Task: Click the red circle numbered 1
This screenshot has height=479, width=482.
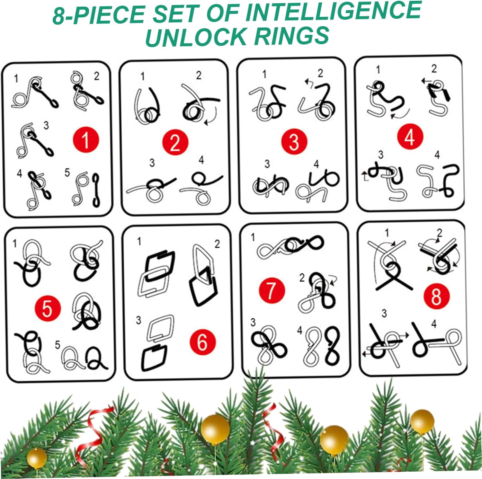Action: (x=86, y=140)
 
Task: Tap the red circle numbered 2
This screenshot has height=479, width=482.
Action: (x=175, y=143)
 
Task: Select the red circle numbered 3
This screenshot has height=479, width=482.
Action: (x=294, y=141)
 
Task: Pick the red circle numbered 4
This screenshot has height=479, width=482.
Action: (x=410, y=137)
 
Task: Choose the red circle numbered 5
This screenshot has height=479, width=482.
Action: (x=48, y=308)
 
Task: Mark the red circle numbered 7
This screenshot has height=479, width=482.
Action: (x=272, y=290)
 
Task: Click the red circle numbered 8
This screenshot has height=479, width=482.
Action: (x=436, y=296)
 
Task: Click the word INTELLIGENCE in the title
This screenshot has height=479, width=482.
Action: (x=333, y=12)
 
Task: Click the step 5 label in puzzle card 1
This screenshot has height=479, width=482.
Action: (x=67, y=173)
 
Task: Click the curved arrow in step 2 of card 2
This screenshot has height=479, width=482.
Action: (x=213, y=115)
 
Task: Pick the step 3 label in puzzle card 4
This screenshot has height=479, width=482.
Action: (x=380, y=155)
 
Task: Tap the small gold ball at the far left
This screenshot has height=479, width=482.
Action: (x=37, y=458)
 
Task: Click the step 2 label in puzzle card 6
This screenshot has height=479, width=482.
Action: (x=217, y=244)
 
